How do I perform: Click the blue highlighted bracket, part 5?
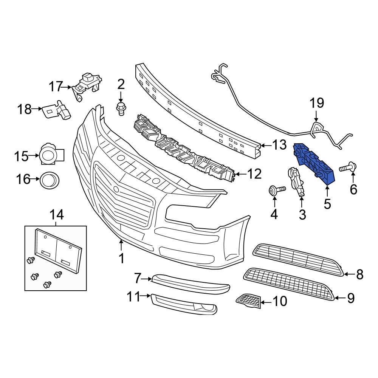(315, 163)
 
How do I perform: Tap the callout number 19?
(317, 103)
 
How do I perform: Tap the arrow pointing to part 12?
(242, 174)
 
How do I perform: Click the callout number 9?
(351, 298)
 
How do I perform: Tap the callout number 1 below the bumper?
(121, 259)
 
